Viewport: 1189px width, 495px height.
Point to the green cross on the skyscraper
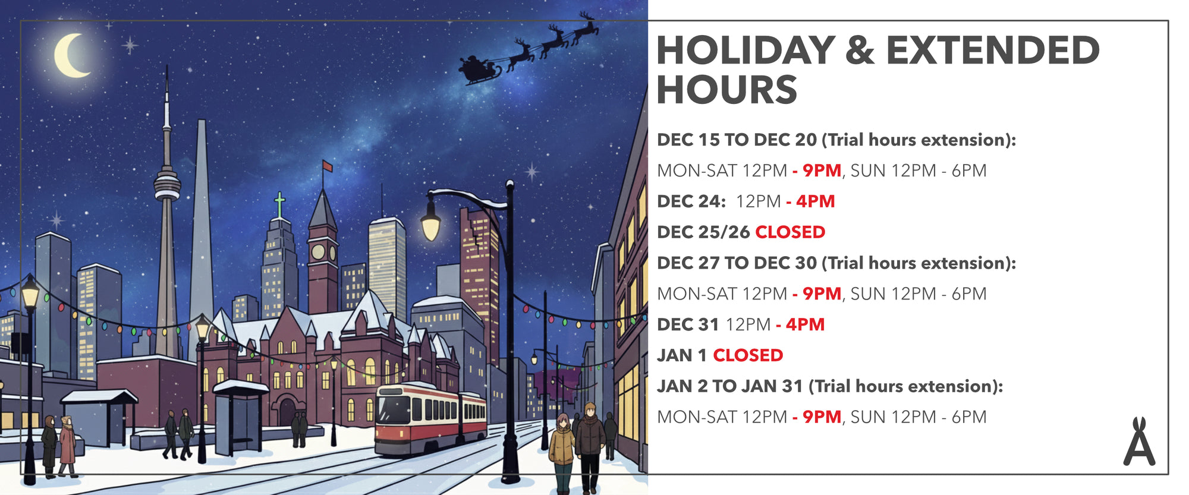point(279,205)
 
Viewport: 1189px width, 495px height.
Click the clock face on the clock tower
point(318,252)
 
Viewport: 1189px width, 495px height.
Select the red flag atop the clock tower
point(327,166)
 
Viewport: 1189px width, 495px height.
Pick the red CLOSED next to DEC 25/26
point(790,232)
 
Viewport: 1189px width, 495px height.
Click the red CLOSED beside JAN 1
point(748,355)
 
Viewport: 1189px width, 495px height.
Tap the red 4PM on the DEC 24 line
point(815,201)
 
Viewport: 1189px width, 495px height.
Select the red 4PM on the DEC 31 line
point(805,324)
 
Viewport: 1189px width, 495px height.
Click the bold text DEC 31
point(688,324)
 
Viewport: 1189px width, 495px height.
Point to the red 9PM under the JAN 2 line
point(822,417)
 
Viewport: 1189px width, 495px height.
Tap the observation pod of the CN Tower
point(167,184)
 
